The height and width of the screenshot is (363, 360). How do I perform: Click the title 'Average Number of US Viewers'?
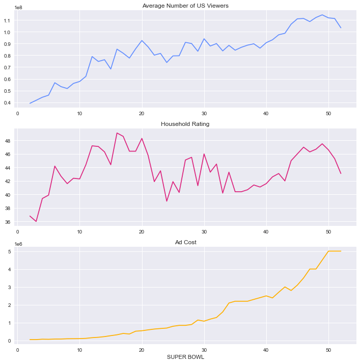coord(186,6)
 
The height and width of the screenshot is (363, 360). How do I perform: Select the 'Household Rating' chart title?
coord(185,124)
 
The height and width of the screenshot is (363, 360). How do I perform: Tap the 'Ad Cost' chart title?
coord(186,242)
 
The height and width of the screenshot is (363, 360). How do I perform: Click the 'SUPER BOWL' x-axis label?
coord(186,357)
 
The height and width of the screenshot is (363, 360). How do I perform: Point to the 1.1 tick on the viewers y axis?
coord(8,20)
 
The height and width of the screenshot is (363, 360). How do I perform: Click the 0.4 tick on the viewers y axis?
coord(8,103)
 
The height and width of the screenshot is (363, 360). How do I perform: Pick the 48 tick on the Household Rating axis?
coord(9,141)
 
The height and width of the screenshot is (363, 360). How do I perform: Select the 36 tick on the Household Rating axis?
coord(9,222)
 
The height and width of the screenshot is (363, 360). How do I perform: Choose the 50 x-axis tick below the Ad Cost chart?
coord(328,350)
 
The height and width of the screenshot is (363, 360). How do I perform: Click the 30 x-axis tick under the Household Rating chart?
coord(204,231)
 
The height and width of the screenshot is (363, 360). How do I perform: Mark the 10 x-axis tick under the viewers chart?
coord(79,113)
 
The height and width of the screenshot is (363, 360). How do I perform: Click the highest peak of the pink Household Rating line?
coord(117,133)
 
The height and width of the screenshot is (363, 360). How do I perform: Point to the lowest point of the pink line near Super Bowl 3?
coord(36,221)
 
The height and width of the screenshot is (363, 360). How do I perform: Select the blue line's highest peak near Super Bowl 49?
coord(322,15)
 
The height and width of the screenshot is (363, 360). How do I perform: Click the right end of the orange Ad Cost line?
coord(341,251)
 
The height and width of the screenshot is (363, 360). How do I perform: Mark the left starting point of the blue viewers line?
coord(30,103)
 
